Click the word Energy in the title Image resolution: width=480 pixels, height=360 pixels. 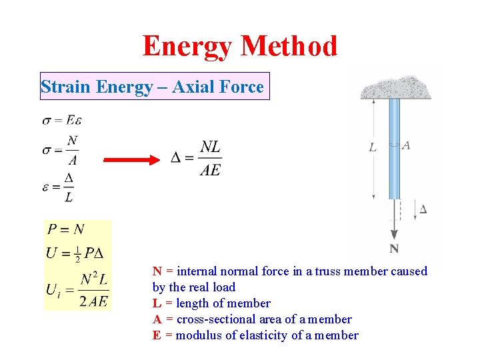coord(189,46)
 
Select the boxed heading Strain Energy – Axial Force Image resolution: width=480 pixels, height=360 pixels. coord(153,87)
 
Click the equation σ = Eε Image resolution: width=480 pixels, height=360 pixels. coord(61,120)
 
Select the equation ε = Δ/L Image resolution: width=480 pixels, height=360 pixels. coord(59,187)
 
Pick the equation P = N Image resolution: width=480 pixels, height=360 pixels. coord(65,230)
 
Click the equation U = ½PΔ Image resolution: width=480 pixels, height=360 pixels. coord(79,254)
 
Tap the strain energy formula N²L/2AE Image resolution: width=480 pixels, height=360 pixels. coord(93,291)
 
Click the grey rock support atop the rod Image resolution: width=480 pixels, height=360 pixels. coord(395,86)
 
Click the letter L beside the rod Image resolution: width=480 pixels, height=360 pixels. coord(373,147)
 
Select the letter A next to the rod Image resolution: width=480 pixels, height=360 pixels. coord(406,145)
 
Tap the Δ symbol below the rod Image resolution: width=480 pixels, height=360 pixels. coord(423,209)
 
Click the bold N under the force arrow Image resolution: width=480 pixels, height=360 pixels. coord(395,249)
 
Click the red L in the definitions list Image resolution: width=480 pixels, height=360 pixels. coord(156,303)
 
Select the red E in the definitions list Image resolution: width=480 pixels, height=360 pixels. coord(156,335)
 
